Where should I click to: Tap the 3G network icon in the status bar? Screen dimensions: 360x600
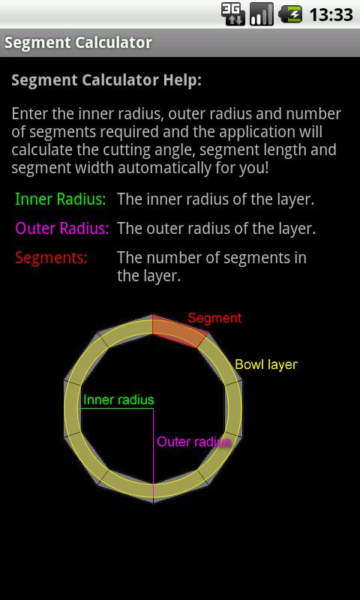233,14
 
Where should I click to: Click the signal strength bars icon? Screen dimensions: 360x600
262,14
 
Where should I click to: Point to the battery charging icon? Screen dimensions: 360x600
290,14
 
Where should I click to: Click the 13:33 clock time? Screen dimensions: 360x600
331,15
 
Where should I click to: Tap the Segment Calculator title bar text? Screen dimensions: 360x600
79,43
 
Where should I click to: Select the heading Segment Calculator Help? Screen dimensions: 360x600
106,80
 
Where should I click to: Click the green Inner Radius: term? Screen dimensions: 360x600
61,199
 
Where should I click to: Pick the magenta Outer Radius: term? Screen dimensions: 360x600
62,229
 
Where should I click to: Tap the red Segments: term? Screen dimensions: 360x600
51,258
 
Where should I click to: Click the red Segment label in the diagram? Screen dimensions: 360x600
214,318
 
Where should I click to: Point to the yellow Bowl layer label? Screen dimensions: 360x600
266,364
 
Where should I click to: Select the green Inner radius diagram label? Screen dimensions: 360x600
118,400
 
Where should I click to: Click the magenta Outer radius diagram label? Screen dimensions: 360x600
194,442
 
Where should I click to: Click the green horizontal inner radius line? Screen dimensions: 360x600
116,409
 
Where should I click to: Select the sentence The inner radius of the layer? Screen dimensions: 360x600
216,199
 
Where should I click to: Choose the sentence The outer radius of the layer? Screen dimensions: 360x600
217,229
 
